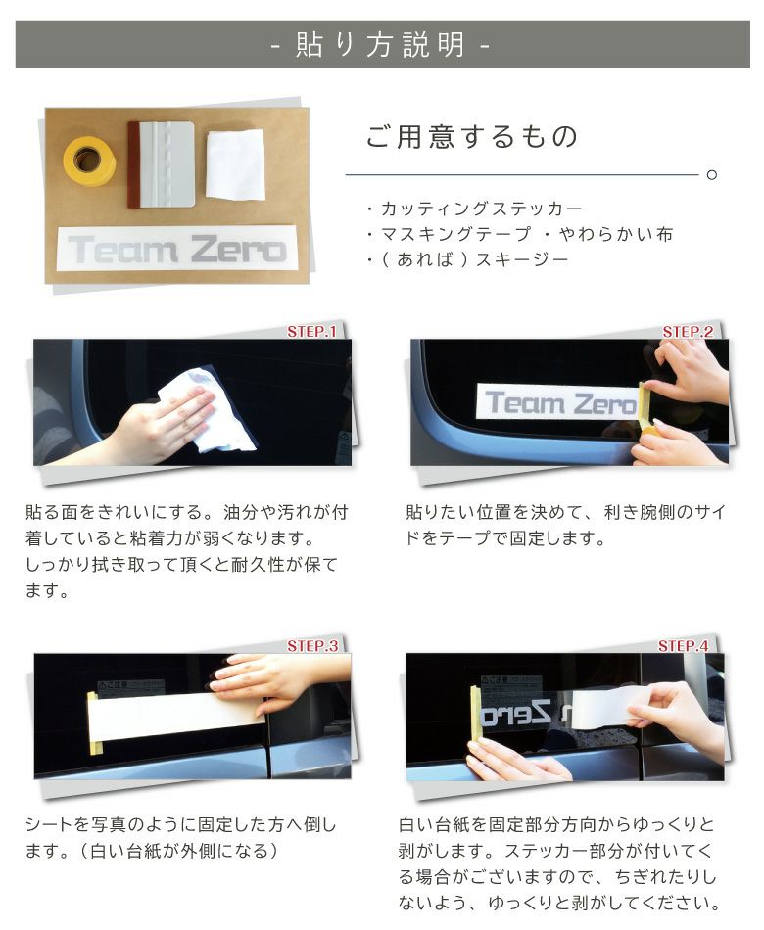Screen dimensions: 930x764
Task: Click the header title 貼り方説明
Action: point(381,45)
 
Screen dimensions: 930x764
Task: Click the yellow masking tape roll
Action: point(89,160)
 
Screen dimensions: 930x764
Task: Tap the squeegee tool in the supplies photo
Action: point(163,163)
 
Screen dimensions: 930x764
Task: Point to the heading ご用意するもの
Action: point(472,137)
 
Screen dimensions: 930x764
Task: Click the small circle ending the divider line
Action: point(711,175)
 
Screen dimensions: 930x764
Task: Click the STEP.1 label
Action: point(310,332)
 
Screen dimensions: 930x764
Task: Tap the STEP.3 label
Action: point(311,646)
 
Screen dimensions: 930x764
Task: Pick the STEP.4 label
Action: point(683,646)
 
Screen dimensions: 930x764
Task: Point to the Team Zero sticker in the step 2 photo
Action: point(554,402)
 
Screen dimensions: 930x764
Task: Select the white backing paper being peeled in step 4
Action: point(607,707)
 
